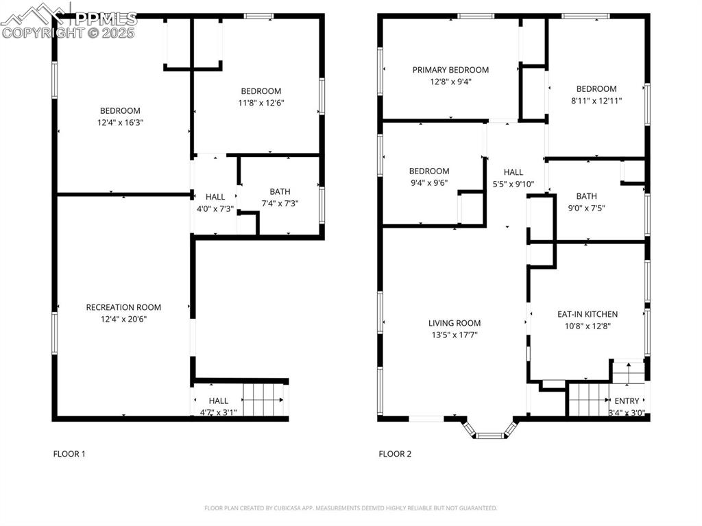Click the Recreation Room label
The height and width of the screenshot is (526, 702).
[123, 307]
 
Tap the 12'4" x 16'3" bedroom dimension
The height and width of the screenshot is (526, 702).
[121, 123]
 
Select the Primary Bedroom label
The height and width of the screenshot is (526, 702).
[450, 70]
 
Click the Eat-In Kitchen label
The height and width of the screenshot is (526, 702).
[587, 314]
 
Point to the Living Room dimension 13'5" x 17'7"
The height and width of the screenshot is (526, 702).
[455, 335]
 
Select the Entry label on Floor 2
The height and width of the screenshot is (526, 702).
[627, 401]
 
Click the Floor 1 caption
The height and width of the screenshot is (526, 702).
[69, 453]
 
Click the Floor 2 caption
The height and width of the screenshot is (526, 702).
[395, 453]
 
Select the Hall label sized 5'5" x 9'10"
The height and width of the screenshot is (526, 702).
[513, 172]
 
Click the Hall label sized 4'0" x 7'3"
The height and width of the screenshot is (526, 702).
[215, 197]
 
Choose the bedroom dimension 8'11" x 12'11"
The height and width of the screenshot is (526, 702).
[596, 100]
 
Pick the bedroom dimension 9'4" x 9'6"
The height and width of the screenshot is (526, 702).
[429, 183]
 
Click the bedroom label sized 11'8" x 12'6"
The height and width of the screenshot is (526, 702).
[261, 91]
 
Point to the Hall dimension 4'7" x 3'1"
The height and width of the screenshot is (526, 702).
[218, 412]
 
